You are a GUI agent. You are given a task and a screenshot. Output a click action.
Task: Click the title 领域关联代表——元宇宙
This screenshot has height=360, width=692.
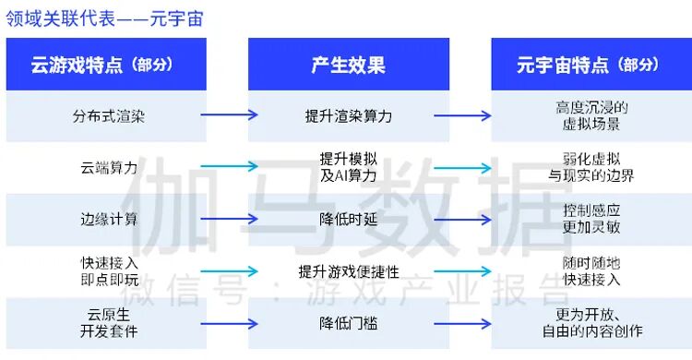(x=104, y=18)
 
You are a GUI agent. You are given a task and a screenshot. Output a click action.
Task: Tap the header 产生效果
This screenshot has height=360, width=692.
(x=349, y=65)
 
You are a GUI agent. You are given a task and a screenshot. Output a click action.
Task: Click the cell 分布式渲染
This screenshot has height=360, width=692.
(x=109, y=116)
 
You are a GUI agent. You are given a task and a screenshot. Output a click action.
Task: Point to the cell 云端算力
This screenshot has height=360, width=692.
(x=109, y=167)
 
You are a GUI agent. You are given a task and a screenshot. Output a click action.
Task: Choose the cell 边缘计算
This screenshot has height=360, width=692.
(x=109, y=219)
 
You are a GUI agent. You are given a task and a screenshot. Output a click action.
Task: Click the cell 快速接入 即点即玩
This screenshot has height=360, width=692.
(x=109, y=270)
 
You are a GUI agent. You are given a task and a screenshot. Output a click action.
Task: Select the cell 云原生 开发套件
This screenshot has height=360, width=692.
(x=109, y=322)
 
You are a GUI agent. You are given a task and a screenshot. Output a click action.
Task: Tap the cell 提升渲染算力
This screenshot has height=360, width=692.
(x=349, y=116)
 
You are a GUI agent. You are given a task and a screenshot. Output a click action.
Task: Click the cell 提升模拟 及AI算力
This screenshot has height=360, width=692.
(x=349, y=167)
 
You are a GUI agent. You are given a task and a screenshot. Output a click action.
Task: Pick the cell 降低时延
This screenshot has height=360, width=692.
(x=349, y=219)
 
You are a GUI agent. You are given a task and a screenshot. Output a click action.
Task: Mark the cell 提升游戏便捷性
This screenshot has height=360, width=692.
(x=349, y=270)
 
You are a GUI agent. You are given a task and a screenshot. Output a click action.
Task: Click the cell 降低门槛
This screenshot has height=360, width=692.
(x=349, y=322)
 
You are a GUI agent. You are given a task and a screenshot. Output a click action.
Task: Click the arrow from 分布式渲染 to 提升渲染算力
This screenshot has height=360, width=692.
(x=229, y=115)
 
